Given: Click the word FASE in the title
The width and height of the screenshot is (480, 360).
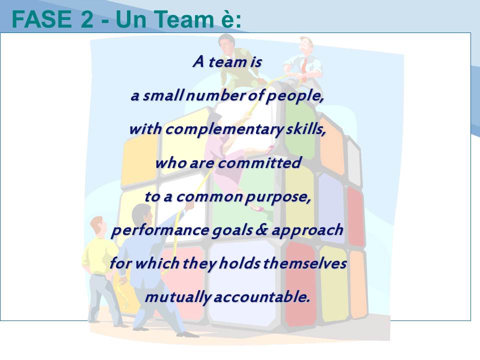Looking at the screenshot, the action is tap(41, 19).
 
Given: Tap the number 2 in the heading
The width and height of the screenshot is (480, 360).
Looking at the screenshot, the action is tap(87, 19).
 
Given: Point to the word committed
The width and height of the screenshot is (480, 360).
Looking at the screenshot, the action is tap(259, 162).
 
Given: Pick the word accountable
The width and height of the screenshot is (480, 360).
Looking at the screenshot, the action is tap(262, 297).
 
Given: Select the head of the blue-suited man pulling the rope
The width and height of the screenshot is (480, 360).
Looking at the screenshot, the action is tap(142, 214).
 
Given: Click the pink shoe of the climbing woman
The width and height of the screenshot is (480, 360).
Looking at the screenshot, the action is tap(256, 208).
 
